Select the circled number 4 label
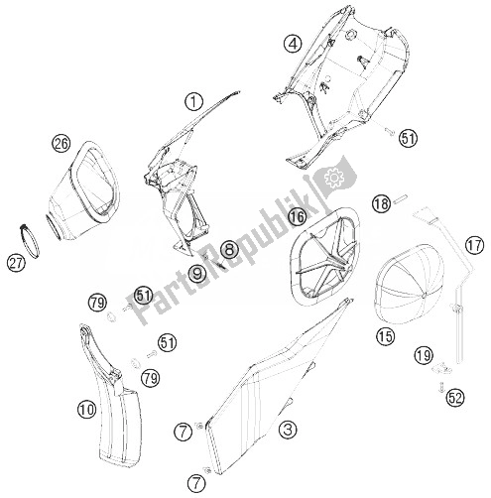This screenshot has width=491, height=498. point(291,43)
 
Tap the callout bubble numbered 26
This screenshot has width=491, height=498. point(61,145)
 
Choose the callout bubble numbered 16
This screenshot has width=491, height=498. point(296,216)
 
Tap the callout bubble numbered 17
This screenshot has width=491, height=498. point(473,245)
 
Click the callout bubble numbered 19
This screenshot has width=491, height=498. point(424,354)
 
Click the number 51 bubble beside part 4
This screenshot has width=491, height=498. point(408,139)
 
